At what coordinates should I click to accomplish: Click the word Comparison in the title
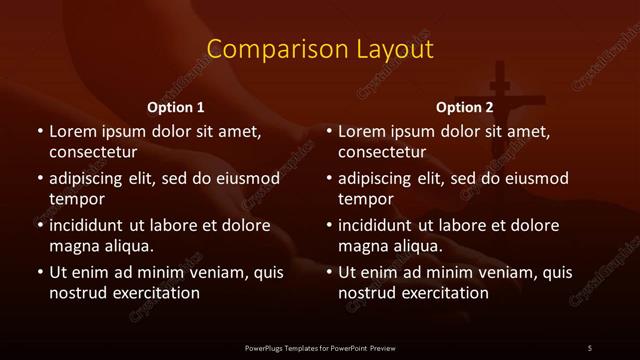(x=263, y=49)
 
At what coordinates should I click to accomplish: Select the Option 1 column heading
(x=176, y=107)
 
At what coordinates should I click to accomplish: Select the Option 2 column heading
(x=465, y=107)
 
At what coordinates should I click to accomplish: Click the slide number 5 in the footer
(x=590, y=348)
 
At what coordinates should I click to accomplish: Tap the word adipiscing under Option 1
(x=89, y=179)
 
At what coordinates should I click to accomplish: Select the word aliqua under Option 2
(x=417, y=245)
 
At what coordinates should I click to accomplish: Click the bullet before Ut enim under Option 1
(x=39, y=272)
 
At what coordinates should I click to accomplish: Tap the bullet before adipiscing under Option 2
(x=329, y=179)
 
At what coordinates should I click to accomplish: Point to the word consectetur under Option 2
(x=384, y=153)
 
